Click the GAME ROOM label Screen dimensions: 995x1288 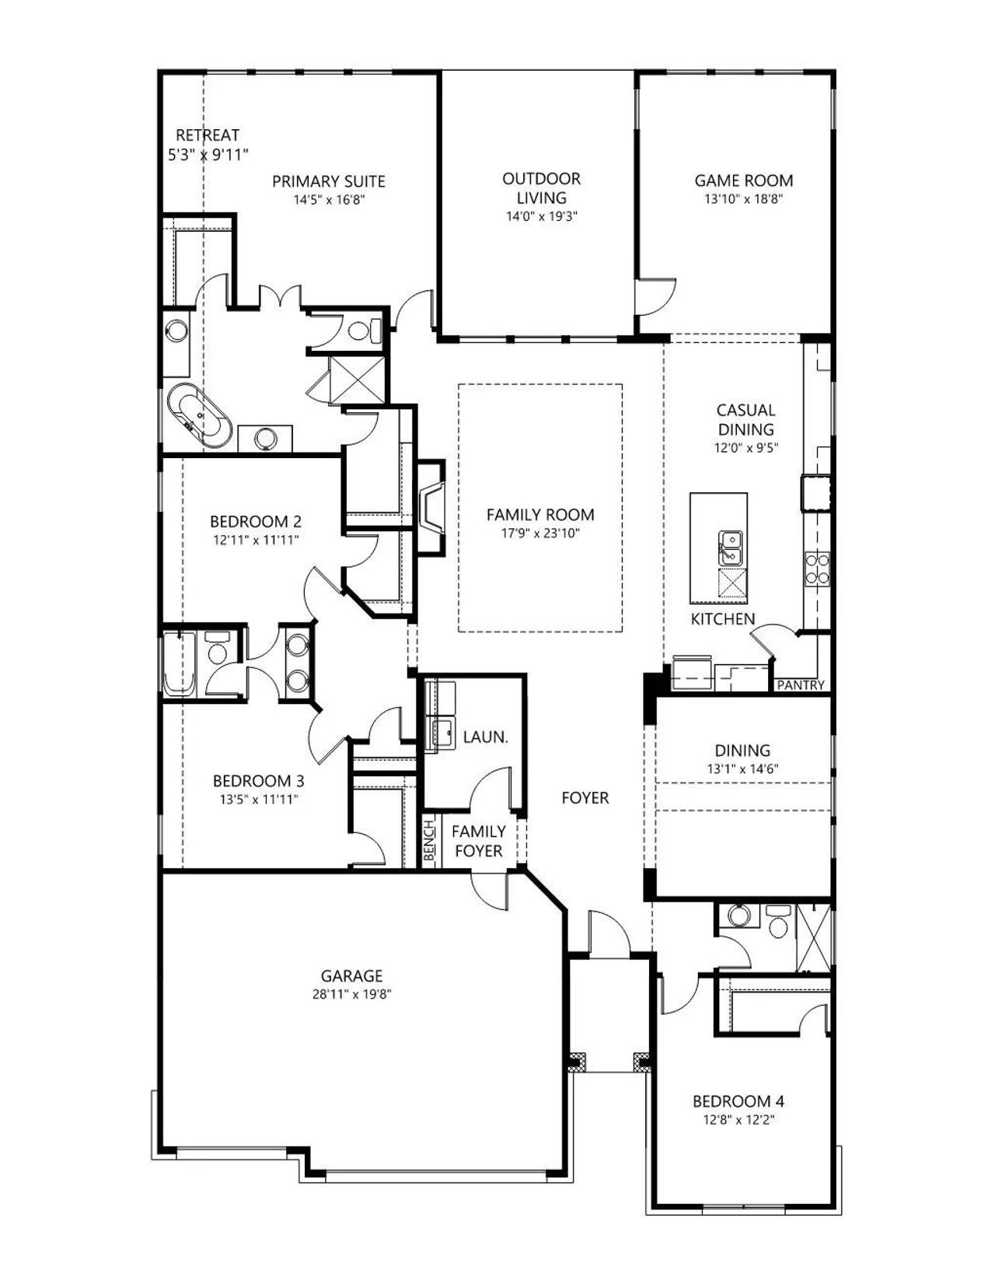[x=743, y=180]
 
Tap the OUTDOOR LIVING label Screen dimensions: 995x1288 [x=541, y=188]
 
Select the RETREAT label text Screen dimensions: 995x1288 [x=208, y=135]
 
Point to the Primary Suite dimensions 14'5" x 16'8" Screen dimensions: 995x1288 [x=329, y=199]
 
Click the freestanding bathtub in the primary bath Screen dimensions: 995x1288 [x=199, y=415]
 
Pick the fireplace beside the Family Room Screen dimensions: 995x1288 [x=431, y=507]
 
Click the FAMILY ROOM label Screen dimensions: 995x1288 [x=540, y=514]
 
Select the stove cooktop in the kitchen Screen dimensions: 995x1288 [x=817, y=569]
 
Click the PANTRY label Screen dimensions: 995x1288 [x=801, y=686]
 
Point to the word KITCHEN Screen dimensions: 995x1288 [x=723, y=619]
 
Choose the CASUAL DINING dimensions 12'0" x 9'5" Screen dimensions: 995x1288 [x=745, y=447]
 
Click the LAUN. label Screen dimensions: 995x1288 [x=486, y=737]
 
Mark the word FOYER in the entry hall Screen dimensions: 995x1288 [x=585, y=798]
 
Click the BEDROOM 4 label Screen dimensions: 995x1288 [x=738, y=1101]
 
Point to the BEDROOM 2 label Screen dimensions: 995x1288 [x=256, y=522]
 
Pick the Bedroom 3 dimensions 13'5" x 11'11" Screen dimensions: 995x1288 [x=259, y=799]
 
